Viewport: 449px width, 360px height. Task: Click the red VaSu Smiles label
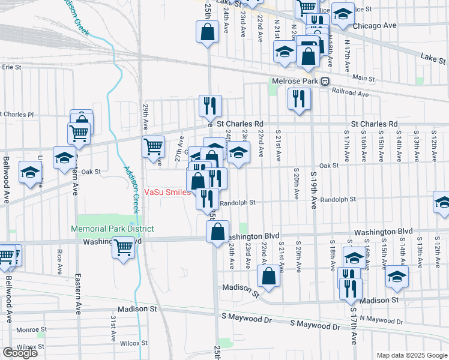point(167,193)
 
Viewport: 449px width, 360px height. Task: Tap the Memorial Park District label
point(112,229)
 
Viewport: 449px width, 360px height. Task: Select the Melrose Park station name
point(294,81)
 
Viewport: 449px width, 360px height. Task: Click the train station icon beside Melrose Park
point(325,81)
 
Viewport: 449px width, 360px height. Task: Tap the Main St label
point(363,78)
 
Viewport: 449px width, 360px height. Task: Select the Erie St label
point(11,67)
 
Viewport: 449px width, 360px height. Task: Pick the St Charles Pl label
point(18,114)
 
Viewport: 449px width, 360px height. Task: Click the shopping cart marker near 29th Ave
point(154,146)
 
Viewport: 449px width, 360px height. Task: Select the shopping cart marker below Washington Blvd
point(124,246)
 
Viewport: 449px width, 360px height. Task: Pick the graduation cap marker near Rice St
point(343,14)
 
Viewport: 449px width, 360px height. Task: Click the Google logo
point(20,353)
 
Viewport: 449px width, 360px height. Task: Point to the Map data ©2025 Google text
point(411,355)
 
